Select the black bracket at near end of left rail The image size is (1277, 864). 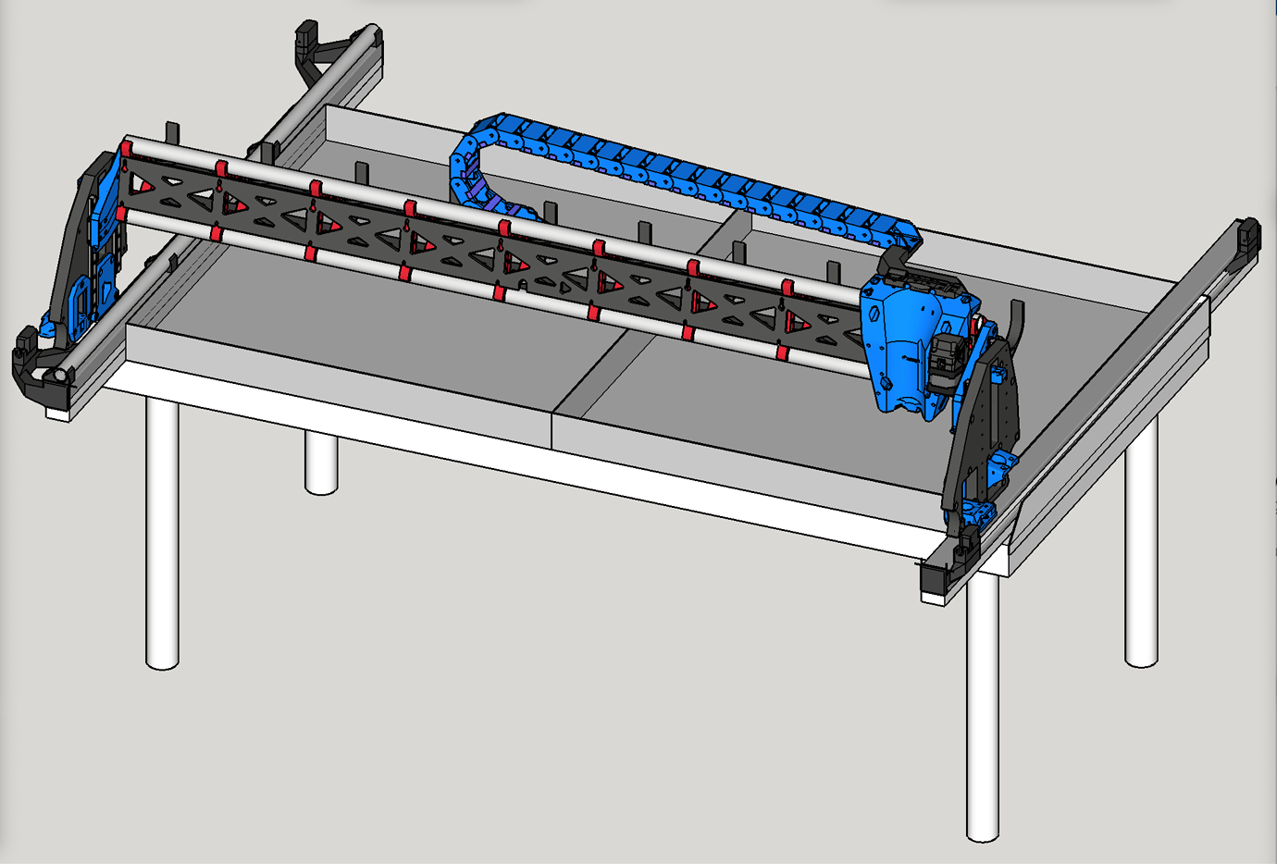[x=37, y=370]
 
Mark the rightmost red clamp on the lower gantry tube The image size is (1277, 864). [x=782, y=353]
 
